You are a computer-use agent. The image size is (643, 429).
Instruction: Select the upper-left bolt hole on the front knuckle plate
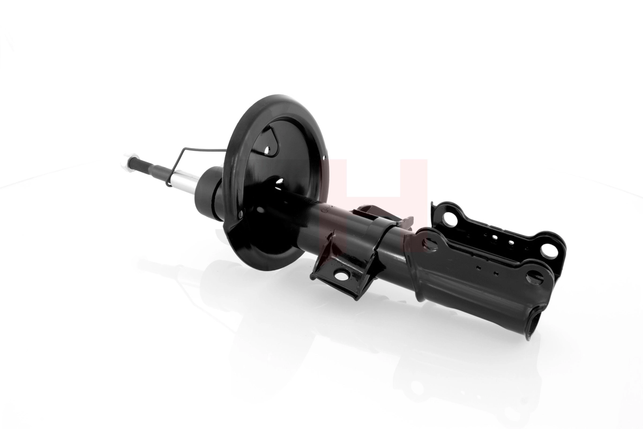(429, 244)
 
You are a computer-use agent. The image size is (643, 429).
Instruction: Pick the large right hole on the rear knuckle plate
(548, 250)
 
